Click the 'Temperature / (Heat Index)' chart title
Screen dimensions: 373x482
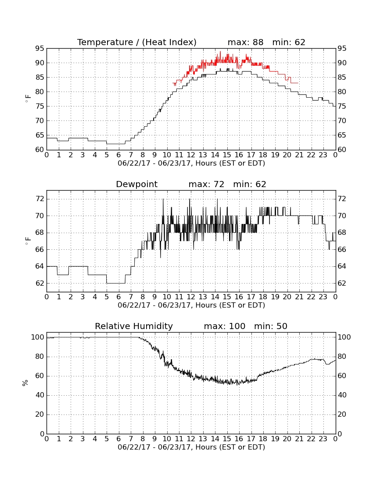(x=136, y=42)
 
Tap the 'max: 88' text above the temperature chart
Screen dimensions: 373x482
(x=246, y=42)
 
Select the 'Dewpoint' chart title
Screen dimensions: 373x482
(x=136, y=184)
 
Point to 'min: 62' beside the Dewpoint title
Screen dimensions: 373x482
(x=250, y=184)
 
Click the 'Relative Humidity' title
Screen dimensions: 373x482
(x=134, y=326)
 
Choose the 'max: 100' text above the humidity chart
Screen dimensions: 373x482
(x=225, y=326)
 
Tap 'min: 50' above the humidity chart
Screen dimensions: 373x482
(x=270, y=326)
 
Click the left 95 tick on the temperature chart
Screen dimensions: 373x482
(x=39, y=49)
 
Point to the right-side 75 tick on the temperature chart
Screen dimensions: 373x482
(x=342, y=106)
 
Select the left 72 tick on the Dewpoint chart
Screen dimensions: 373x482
(x=39, y=199)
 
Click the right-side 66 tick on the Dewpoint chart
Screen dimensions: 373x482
(x=342, y=250)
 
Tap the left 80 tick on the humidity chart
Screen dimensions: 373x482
(x=39, y=357)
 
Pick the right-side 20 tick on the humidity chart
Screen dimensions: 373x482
(x=342, y=415)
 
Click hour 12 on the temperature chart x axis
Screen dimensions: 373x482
(x=191, y=155)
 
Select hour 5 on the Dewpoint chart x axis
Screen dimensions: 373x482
(x=107, y=297)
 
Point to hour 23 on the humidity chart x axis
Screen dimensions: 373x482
(x=323, y=439)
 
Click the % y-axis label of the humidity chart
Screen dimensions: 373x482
(x=25, y=383)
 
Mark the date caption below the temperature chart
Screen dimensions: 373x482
(x=191, y=163)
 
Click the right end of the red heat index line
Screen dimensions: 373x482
(x=298, y=83)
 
